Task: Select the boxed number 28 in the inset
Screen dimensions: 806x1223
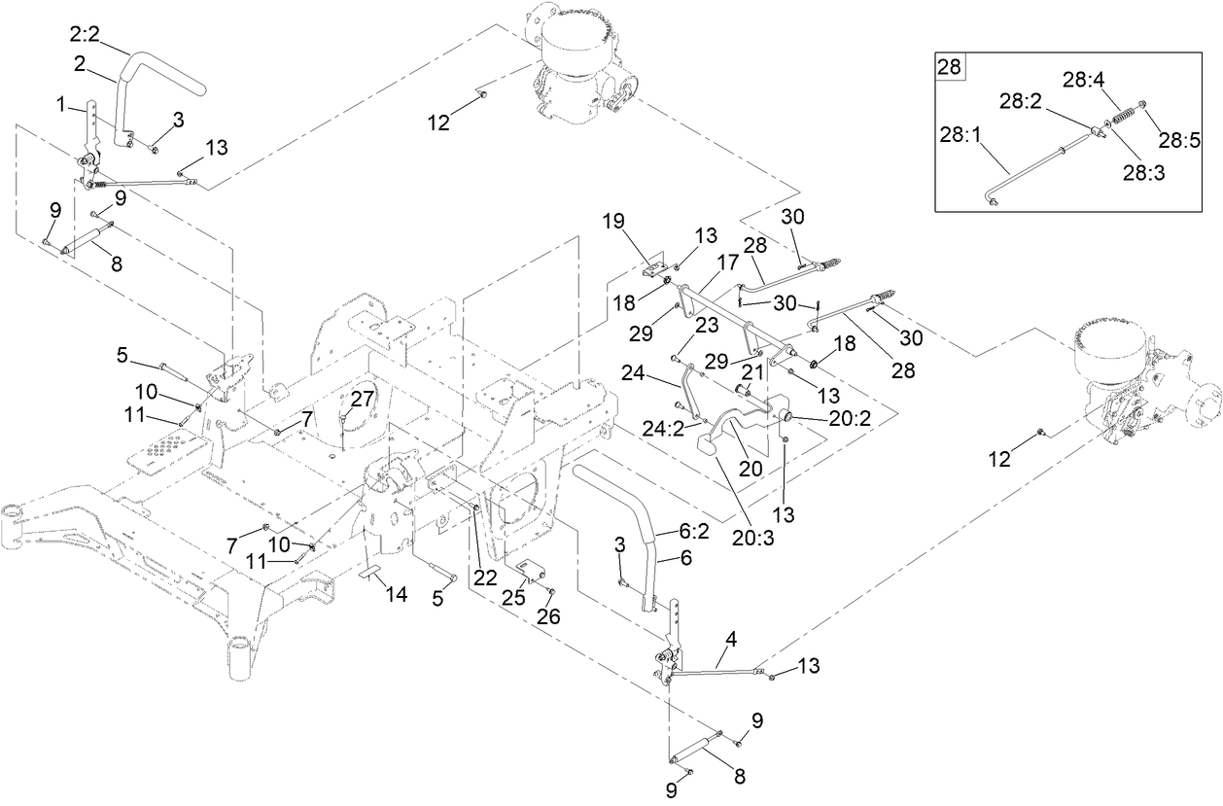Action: [948, 67]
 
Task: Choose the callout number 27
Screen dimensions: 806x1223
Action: [362, 398]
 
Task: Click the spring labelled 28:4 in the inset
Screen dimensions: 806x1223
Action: [1124, 116]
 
